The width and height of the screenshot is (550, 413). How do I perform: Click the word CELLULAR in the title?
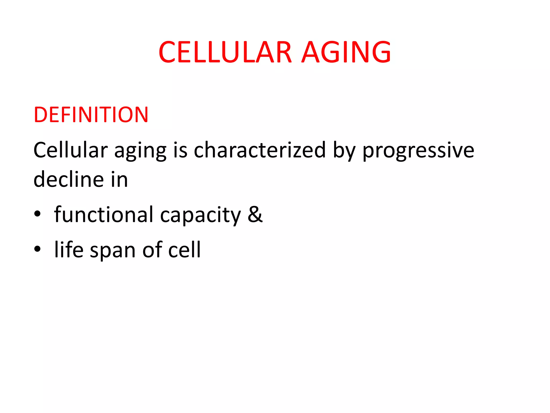pos(225,52)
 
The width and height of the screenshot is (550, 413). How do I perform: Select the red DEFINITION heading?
pos(91,115)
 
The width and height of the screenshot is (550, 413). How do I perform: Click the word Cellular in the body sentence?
pos(70,150)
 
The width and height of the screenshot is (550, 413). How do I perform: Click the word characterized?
pos(260,150)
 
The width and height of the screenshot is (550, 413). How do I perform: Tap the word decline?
pos(69,179)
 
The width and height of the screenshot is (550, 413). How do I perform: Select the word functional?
pos(104,215)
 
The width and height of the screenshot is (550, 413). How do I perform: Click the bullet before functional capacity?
pos(37,214)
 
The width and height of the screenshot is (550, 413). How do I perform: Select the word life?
pos(69,249)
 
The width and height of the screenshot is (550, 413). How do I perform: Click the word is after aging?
pos(180,150)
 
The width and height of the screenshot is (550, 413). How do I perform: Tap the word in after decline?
pos(119,179)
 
